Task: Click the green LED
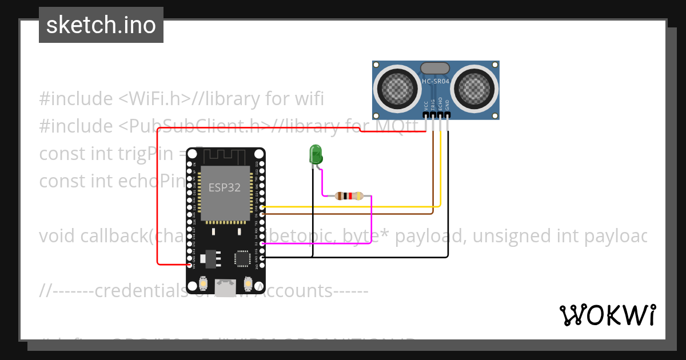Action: pos(315,155)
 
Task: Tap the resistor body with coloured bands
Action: pos(348,195)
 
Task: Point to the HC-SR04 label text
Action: pos(436,82)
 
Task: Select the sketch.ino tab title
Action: pos(101,25)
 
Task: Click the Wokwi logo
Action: pos(607,315)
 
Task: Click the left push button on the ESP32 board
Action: pos(204,283)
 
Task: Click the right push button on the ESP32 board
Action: pos(249,283)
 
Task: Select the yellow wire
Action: pos(354,206)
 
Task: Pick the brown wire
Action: pos(354,214)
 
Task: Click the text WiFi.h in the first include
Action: pos(154,98)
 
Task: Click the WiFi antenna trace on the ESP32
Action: pos(226,155)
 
